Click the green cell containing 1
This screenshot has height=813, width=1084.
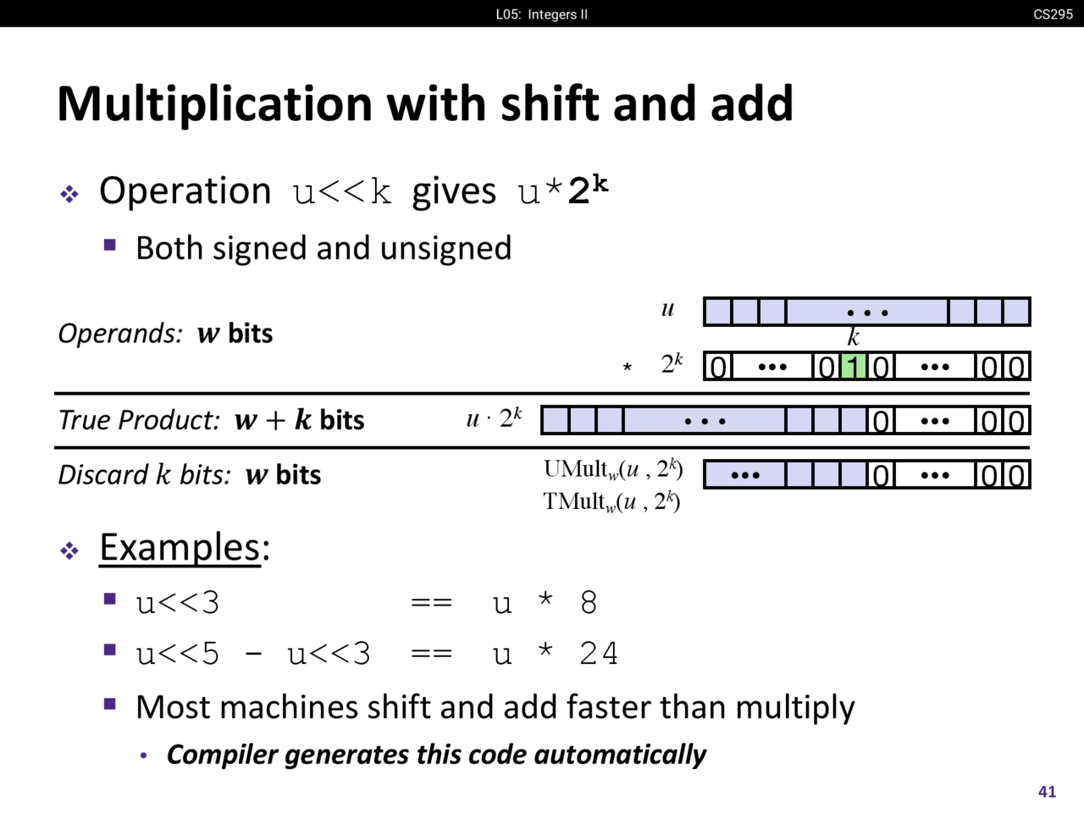click(854, 367)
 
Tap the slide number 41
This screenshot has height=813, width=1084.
click(1047, 791)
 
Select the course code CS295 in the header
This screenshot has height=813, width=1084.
click(1053, 14)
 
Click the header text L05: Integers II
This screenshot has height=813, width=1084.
click(542, 14)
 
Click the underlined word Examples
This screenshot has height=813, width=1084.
click(180, 547)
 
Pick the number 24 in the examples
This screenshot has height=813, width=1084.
click(599, 653)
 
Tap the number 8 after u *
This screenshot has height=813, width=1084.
click(589, 602)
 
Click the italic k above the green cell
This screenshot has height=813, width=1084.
click(854, 337)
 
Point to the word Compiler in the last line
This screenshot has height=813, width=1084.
click(222, 754)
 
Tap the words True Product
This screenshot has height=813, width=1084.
click(140, 420)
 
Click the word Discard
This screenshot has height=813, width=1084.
click(102, 474)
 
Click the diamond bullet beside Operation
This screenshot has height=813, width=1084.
click(69, 194)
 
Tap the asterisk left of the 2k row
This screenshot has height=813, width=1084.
click(627, 368)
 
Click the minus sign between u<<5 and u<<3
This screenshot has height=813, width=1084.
click(253, 654)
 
